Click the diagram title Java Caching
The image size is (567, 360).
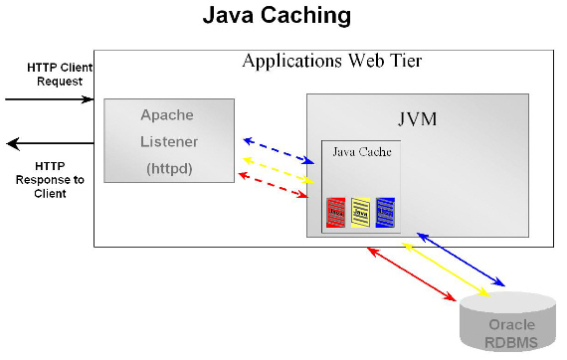coord(277,17)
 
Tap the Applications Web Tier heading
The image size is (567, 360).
coord(332,62)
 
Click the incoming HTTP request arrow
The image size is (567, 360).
coord(49,99)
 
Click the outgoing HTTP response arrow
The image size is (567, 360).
coord(49,143)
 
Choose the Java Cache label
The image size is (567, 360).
coord(361,152)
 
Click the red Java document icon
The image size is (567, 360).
coord(336,211)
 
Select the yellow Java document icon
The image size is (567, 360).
coord(361,211)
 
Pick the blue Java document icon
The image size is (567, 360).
coord(385,211)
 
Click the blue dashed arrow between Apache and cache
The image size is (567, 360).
coord(279,148)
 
